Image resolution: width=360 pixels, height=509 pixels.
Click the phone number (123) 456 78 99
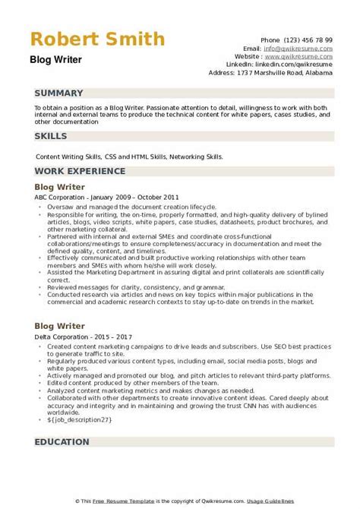310,39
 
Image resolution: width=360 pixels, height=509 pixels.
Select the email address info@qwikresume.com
304,47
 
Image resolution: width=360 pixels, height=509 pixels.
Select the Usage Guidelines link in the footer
318,501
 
